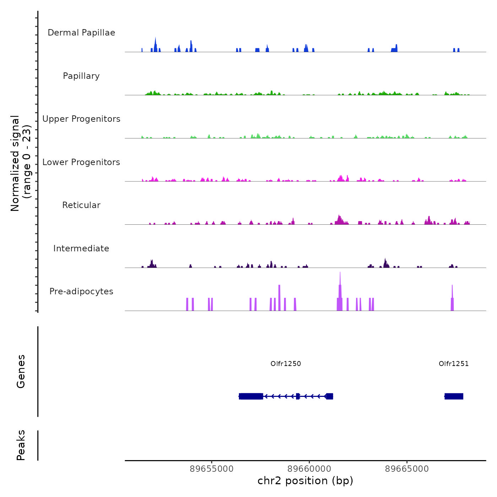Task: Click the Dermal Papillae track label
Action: coord(81,33)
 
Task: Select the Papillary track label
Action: coord(81,76)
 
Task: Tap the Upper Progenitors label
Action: coord(81,119)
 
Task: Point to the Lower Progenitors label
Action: coord(81,162)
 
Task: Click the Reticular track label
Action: coord(81,205)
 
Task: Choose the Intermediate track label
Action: coord(81,248)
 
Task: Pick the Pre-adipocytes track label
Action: coord(81,291)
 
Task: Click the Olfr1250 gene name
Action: coord(285,364)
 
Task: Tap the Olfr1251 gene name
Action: coord(453,364)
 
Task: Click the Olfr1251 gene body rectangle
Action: coord(454,396)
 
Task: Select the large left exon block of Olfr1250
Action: coord(251,396)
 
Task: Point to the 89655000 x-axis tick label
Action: coord(212,469)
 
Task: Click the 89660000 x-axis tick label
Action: coord(309,469)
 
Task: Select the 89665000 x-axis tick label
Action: coord(407,469)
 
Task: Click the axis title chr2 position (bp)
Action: coord(305,481)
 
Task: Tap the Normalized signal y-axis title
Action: coord(21,163)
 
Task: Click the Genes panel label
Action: coord(21,371)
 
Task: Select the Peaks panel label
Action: coord(21,445)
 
